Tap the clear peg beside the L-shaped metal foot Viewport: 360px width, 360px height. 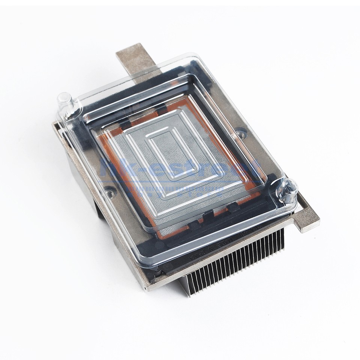(x=287, y=189)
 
